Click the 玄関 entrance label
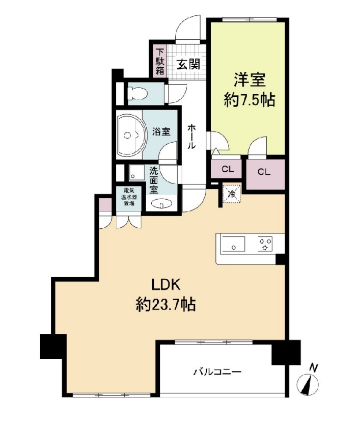(188, 65)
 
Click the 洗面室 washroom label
(154, 180)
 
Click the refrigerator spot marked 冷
(232, 193)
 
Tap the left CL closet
(228, 169)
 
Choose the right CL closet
(264, 172)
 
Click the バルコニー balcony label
(216, 373)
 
